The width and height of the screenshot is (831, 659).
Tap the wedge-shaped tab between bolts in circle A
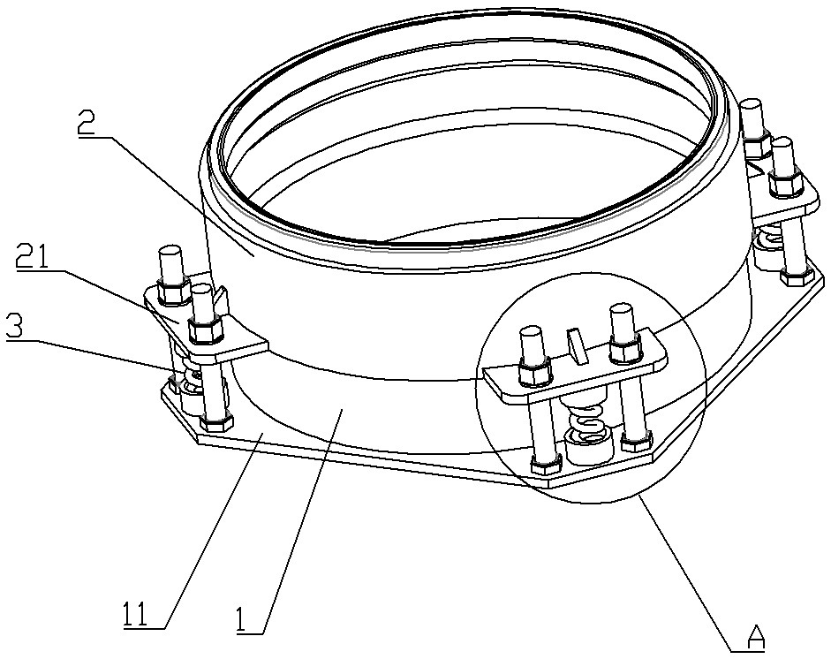[x=576, y=344]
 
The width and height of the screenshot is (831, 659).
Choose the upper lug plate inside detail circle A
[x=574, y=375]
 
